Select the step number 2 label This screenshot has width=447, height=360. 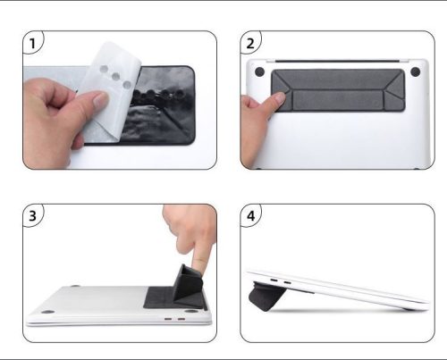coord(251,42)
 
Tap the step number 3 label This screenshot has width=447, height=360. coord(32,215)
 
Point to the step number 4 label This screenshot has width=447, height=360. coord(251,215)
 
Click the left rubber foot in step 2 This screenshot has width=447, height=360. coord(259,71)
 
